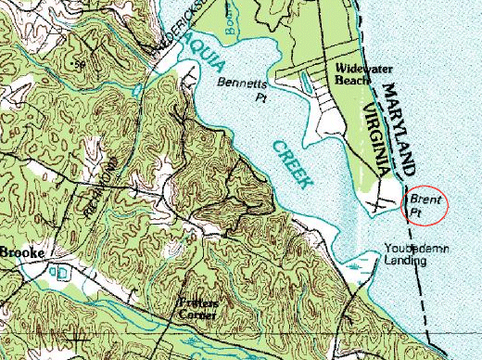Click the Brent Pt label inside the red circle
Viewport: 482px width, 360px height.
tap(425, 206)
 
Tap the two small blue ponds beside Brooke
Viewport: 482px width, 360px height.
tap(57, 272)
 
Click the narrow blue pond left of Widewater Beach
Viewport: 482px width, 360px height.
tap(307, 84)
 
